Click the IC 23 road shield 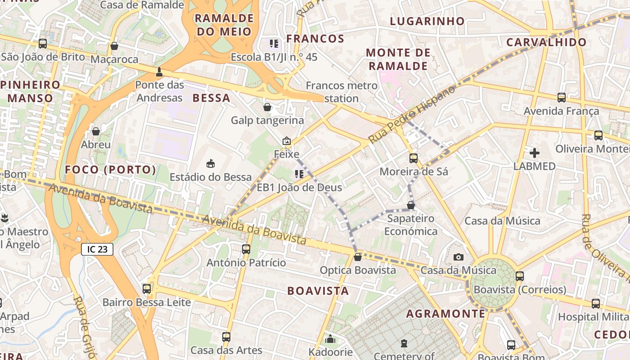(x=97, y=249)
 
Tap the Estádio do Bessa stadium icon (x=210, y=163)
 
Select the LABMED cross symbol (x=535, y=153)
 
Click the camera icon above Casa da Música (x=459, y=257)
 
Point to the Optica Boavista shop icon (x=358, y=257)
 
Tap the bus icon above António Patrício (x=246, y=249)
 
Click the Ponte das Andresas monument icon (x=159, y=72)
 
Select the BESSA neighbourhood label (x=211, y=98)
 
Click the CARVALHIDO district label (x=546, y=42)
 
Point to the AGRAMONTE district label (x=445, y=313)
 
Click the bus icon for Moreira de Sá (x=414, y=158)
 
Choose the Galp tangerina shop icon (x=267, y=107)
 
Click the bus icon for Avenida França (x=562, y=97)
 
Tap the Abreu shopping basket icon (x=96, y=131)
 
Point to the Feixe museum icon (x=287, y=141)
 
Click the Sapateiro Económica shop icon (x=411, y=205)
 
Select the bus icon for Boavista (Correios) (x=520, y=276)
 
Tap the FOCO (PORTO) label (x=111, y=170)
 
